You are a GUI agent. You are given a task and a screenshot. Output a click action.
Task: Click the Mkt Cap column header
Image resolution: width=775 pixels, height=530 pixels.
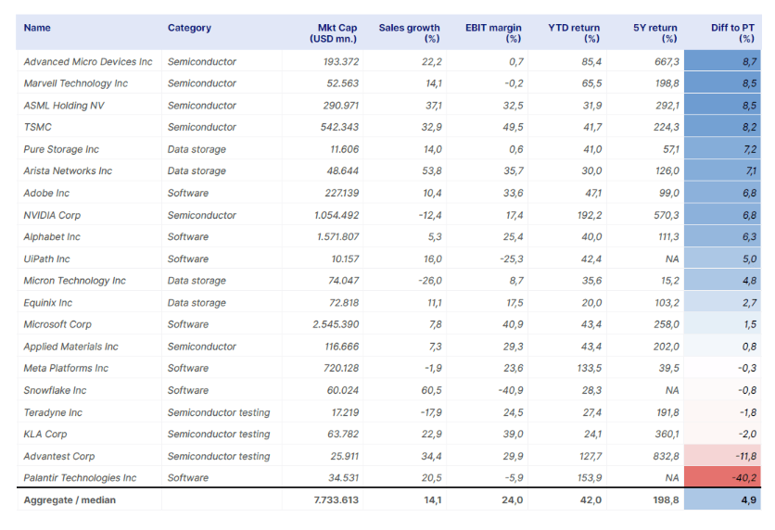tap(333, 33)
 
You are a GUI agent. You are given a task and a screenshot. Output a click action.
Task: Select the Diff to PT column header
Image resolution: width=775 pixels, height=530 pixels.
tap(732, 33)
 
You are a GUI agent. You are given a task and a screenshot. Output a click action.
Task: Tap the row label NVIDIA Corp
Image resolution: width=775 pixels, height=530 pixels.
tap(52, 215)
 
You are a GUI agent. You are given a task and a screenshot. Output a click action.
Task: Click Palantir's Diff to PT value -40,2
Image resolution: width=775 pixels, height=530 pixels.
tap(743, 478)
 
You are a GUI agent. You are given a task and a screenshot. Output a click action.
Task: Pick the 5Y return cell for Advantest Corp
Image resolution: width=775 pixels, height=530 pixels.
tap(666, 457)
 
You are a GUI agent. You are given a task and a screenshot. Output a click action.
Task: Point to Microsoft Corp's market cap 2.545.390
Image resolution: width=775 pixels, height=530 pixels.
tap(336, 324)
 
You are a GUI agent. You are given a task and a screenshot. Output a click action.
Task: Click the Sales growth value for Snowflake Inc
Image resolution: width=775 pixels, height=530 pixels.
tap(431, 391)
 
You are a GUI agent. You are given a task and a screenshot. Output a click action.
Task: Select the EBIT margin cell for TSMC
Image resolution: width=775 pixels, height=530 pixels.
tap(513, 128)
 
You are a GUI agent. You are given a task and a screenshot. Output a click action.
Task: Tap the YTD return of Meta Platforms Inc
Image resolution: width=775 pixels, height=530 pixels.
tap(591, 369)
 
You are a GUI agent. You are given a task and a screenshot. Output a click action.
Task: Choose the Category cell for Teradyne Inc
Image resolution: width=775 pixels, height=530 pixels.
tap(219, 412)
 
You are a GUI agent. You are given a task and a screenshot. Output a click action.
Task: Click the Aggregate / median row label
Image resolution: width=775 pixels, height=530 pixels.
tap(70, 499)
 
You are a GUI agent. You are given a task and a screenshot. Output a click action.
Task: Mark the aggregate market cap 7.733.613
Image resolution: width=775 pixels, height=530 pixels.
tap(337, 499)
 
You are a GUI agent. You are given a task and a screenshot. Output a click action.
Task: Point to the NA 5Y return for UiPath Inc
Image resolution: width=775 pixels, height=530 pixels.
tap(672, 259)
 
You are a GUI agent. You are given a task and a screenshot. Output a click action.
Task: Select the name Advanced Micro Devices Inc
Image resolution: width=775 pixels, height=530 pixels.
tap(88, 62)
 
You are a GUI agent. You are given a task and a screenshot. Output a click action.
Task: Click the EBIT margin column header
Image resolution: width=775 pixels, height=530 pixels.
tap(493, 33)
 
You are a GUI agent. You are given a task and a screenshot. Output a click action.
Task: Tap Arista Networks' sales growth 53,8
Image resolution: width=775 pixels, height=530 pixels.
tap(431, 170)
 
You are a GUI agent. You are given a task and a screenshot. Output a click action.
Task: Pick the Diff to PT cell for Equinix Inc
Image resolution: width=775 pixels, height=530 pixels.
tap(749, 303)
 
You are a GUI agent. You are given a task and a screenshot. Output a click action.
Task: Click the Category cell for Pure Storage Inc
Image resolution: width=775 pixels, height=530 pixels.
tap(197, 149)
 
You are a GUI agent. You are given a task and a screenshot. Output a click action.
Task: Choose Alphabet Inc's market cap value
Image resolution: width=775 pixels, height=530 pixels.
tap(337, 237)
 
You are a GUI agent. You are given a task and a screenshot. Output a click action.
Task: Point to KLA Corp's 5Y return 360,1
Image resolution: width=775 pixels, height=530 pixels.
tap(666, 435)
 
